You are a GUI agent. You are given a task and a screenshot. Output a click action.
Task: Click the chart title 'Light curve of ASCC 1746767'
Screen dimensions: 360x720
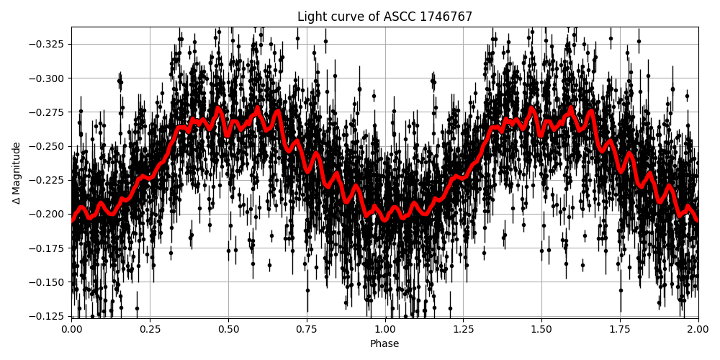pos(384,17)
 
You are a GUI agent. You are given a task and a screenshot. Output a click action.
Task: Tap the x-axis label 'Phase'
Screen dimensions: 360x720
pos(384,344)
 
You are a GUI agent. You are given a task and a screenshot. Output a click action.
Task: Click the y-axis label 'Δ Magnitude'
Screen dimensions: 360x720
pos(16,173)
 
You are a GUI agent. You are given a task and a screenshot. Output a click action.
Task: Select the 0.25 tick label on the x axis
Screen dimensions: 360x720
pos(150,329)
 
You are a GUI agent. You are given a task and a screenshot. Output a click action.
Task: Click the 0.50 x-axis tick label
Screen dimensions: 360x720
pos(228,329)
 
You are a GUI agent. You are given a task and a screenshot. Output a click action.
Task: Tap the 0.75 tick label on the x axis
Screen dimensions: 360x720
pos(307,329)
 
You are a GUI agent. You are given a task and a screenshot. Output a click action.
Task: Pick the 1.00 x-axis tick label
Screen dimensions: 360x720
pos(385,329)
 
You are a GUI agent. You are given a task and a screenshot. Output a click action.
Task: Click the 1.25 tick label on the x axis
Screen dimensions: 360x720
pos(463,329)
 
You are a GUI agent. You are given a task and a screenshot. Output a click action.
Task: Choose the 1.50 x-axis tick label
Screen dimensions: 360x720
pos(541,329)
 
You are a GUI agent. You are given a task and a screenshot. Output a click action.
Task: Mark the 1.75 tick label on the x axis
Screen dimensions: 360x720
pos(620,329)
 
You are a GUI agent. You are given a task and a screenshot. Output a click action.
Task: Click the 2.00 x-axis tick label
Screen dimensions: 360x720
pos(698,329)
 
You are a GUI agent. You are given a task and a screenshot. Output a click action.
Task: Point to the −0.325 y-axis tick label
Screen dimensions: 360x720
pos(47,44)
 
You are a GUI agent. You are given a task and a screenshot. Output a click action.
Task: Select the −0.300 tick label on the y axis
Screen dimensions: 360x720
pos(47,78)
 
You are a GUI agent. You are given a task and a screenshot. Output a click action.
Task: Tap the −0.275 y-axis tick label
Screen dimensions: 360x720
pos(47,112)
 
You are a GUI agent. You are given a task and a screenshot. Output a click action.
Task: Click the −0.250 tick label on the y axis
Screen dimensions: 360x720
pos(47,146)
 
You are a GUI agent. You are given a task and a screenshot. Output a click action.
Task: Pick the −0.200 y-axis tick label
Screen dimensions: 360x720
pos(47,214)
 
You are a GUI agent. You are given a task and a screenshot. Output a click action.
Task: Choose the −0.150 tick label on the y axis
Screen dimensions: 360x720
pos(47,282)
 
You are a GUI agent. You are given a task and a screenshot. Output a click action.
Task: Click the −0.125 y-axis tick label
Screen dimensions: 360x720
pos(47,316)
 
